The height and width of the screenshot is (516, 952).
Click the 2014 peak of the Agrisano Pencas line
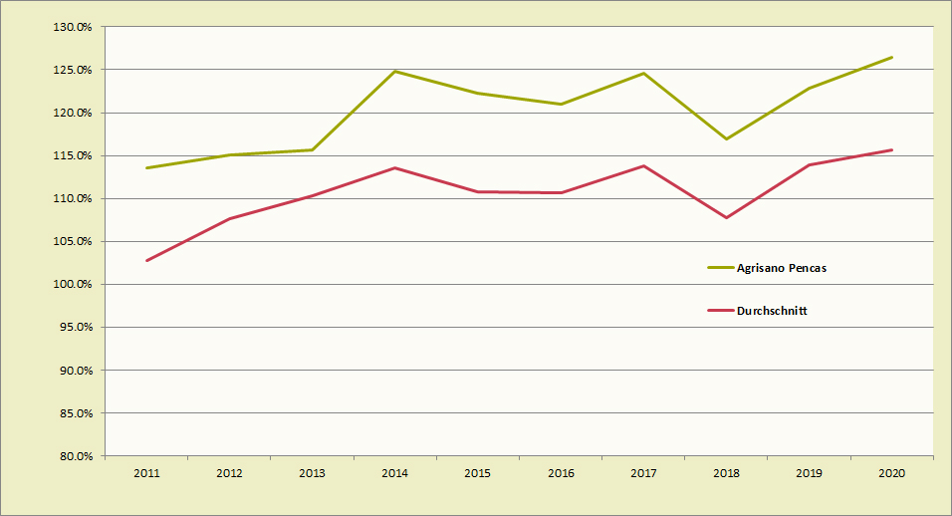[x=395, y=71]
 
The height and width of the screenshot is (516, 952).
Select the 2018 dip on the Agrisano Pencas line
[x=726, y=138]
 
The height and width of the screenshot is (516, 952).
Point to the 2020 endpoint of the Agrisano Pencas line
[x=891, y=57]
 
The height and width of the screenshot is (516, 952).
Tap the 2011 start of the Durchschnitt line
[x=147, y=261]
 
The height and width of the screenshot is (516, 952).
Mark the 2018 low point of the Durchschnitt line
[x=726, y=217]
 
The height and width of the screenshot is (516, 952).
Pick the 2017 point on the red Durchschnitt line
[x=643, y=165]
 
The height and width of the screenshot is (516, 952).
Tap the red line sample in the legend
[x=720, y=311]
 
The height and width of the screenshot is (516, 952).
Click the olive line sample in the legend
[x=720, y=268]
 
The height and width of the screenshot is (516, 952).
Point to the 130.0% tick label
[x=72, y=27]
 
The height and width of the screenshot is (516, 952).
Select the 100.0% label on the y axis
[x=72, y=285]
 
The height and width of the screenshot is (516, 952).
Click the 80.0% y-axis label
[x=74, y=456]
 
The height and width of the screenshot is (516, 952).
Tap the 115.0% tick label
[x=72, y=155]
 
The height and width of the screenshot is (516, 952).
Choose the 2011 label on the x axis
[x=147, y=473]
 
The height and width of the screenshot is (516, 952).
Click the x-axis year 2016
[x=561, y=473]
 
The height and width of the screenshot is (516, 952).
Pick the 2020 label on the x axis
[x=891, y=473]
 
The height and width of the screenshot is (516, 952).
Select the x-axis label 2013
[x=313, y=473]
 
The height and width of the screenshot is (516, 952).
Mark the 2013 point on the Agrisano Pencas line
[x=313, y=149]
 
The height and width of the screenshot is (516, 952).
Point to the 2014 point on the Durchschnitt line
[x=395, y=167]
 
